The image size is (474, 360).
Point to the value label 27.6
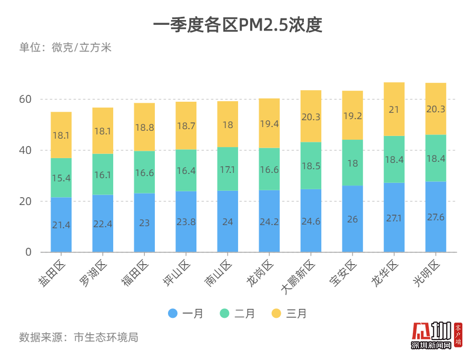tap(436, 217)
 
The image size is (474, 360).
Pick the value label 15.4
tap(61, 178)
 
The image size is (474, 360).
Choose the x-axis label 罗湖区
tap(97, 273)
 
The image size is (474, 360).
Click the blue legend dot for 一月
tap(173, 313)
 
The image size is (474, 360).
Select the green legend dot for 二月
tap(224, 313)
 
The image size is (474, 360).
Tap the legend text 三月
tap(297, 314)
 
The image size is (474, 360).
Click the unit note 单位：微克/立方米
tap(66, 47)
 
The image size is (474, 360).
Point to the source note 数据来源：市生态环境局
tap(79, 337)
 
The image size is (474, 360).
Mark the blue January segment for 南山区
tap(228, 221)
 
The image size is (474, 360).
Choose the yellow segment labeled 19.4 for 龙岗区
tap(269, 123)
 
